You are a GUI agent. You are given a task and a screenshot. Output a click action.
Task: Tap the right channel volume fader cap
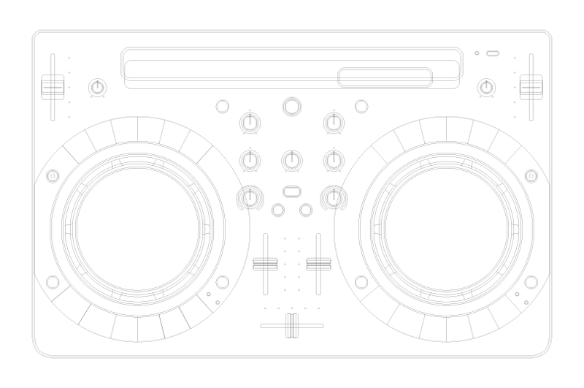[316, 265]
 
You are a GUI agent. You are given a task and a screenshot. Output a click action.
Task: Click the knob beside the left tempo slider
[96, 88]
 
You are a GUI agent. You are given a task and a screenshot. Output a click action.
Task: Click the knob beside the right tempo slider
[485, 88]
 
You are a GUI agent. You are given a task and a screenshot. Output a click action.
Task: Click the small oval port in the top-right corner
[493, 53]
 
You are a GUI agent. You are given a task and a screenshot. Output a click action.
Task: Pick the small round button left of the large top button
[223, 107]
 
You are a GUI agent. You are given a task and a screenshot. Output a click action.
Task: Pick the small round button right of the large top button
[361, 107]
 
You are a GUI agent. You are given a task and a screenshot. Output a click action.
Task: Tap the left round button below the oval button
[277, 210]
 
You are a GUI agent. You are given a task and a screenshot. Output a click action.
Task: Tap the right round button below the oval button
[306, 210]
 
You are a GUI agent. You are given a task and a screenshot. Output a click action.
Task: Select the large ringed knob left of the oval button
[250, 197]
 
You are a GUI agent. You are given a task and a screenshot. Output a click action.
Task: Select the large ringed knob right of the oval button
[334, 197]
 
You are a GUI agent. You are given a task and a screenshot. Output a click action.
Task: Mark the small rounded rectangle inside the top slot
[384, 76]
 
